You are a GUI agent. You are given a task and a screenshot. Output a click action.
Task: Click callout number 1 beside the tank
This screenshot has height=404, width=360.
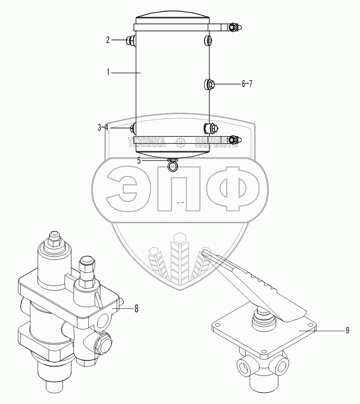[108, 72]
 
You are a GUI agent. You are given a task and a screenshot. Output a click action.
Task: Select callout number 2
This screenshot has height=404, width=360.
[108, 40]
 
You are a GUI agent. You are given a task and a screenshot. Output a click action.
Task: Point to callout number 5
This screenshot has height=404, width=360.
[139, 161]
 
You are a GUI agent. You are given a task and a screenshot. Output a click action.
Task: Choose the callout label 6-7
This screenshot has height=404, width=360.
[247, 84]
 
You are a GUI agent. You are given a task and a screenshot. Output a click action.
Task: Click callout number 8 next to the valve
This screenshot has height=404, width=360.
[136, 309]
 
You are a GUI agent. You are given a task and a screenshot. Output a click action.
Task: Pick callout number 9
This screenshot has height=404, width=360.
[347, 330]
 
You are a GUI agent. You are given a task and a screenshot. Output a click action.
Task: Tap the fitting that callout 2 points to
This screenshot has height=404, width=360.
[130, 40]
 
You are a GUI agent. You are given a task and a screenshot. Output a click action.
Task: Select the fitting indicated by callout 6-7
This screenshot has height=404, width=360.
[209, 84]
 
